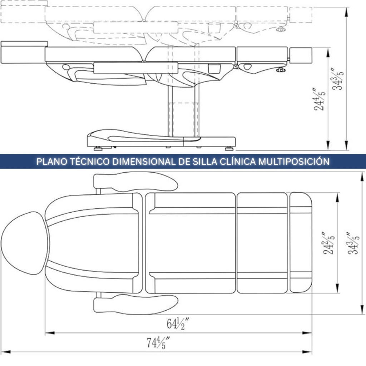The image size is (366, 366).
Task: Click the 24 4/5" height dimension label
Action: [319, 99]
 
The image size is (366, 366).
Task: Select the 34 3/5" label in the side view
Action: [338, 79]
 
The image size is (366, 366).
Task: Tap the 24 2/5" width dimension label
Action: [329, 243]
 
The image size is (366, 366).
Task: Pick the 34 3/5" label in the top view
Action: [353, 243]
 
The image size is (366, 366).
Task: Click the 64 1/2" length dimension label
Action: [178, 324]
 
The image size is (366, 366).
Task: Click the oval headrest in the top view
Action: [25, 243]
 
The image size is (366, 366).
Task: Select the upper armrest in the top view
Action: [135, 182]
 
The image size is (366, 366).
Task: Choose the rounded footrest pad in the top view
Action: [301, 243]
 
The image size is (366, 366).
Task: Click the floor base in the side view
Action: [161, 138]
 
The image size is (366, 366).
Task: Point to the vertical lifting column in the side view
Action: [183, 111]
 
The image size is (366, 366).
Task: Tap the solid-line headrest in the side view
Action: [24, 52]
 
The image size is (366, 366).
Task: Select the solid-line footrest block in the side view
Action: [301, 55]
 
